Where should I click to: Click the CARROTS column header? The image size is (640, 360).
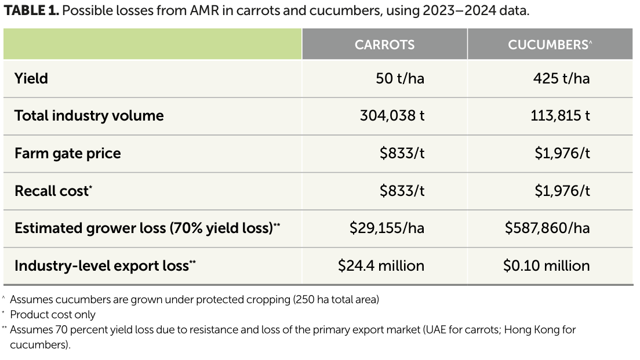(384, 45)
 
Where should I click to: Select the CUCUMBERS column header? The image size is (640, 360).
(550, 45)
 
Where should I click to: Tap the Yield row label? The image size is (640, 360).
(31, 78)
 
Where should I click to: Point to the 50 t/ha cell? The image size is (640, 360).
(400, 78)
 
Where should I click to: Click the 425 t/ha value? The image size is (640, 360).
(561, 78)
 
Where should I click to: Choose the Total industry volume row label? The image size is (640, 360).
(89, 115)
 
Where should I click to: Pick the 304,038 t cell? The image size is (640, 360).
(392, 115)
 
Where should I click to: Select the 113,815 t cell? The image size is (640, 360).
(560, 115)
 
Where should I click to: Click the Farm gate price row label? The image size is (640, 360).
(68, 154)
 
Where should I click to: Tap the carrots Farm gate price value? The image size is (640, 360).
(402, 154)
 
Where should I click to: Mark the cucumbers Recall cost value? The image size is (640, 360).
(562, 191)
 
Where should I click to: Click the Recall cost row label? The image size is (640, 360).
(53, 191)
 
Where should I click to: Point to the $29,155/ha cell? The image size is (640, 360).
(387, 228)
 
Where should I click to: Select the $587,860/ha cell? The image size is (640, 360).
(547, 228)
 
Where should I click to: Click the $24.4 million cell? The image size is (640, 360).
(381, 266)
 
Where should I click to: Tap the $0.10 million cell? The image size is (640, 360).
(547, 266)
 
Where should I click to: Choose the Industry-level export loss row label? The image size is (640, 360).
(106, 266)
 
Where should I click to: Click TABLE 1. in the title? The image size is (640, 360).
(31, 10)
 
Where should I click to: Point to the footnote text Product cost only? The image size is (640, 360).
(53, 315)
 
